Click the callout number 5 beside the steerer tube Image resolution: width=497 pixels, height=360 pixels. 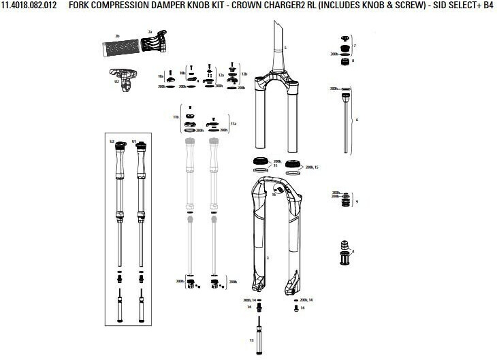(x=286, y=48)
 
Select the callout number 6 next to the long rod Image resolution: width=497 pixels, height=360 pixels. (x=357, y=119)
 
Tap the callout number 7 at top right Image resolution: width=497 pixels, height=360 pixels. (x=355, y=46)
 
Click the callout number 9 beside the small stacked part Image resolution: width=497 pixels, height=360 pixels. (x=357, y=201)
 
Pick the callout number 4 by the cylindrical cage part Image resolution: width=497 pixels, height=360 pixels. (x=353, y=251)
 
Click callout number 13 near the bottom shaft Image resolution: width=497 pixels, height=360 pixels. (x=251, y=340)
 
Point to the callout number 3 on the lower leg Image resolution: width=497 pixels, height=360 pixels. (x=268, y=258)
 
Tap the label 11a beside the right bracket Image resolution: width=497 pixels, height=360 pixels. (x=233, y=125)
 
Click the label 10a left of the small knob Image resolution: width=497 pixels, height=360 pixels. (x=161, y=76)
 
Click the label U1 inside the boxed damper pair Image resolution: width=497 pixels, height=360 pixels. (x=134, y=142)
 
